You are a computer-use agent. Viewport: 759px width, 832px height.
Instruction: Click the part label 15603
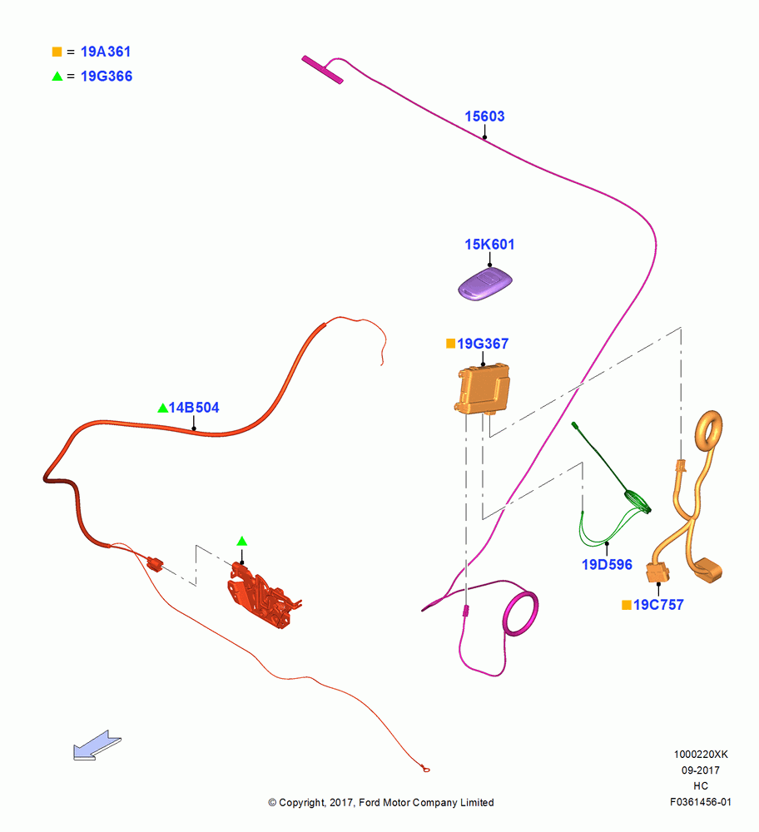tap(484, 116)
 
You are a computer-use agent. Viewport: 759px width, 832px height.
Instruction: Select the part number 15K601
tap(489, 245)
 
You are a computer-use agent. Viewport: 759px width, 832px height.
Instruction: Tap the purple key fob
tap(485, 285)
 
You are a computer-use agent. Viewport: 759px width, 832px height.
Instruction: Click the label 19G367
tap(483, 344)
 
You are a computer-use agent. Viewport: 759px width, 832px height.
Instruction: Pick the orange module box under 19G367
tap(482, 389)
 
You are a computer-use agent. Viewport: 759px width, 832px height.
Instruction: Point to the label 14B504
tap(194, 408)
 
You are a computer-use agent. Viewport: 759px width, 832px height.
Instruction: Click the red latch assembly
tap(263, 596)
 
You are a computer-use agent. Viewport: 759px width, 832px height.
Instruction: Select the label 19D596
tap(607, 565)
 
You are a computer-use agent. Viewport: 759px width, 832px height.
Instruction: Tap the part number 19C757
tap(658, 605)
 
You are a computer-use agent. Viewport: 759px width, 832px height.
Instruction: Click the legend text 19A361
tap(106, 52)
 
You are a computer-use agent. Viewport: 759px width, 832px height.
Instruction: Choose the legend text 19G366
tap(107, 77)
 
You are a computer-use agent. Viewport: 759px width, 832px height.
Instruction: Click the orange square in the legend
tap(57, 52)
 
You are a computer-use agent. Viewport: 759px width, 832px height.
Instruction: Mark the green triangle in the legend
tap(57, 77)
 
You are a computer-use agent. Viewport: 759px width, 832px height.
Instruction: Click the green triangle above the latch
tap(242, 542)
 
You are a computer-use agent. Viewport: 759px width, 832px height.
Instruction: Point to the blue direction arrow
tap(97, 745)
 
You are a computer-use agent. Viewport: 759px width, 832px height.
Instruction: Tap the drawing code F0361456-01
tap(701, 802)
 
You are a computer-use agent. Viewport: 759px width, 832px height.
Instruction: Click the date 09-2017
tap(701, 770)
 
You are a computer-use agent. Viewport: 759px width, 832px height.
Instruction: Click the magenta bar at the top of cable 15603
tap(322, 70)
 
